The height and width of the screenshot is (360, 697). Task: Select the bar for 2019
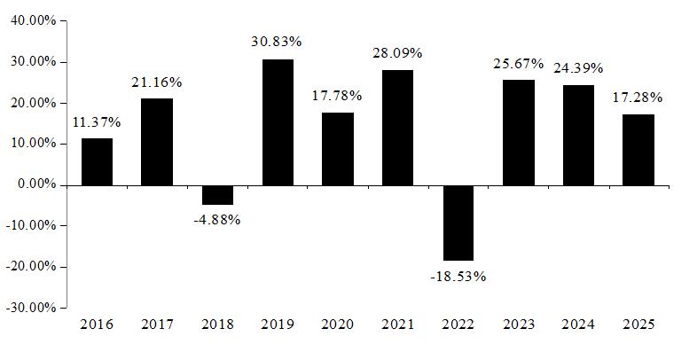click(x=278, y=122)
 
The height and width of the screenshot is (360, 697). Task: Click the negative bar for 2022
click(x=458, y=223)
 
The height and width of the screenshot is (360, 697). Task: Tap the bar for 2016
click(x=97, y=161)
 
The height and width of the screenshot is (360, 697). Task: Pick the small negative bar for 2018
click(x=218, y=195)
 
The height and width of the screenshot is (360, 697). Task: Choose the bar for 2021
click(x=397, y=128)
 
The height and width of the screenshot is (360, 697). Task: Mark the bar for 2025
click(x=638, y=150)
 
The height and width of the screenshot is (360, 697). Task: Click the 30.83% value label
click(x=277, y=42)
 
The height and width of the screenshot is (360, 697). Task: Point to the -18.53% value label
click(x=458, y=277)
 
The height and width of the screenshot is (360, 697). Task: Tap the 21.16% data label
click(x=156, y=82)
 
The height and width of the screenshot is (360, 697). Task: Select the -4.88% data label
click(x=217, y=220)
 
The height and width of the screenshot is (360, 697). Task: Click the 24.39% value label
click(x=578, y=68)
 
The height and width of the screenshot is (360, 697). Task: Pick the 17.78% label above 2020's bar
click(x=336, y=96)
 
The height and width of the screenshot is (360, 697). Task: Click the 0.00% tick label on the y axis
click(x=37, y=184)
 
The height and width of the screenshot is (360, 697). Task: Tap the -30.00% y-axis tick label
click(x=31, y=308)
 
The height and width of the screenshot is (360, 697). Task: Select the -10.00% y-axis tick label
click(x=31, y=225)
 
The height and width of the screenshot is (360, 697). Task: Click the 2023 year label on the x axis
click(x=518, y=325)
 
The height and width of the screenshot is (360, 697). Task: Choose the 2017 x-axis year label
click(x=157, y=325)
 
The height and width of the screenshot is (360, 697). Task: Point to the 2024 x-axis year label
click(x=578, y=325)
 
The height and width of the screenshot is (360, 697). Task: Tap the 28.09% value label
click(x=396, y=53)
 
